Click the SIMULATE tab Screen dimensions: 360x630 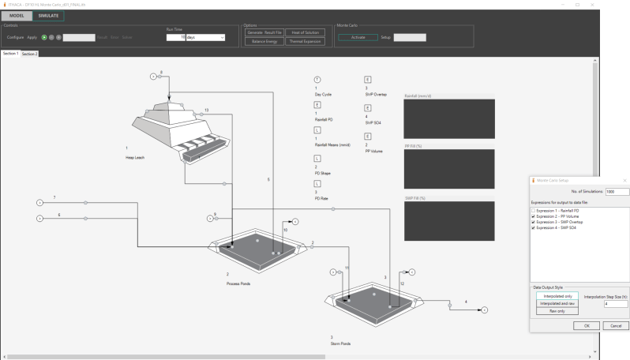47,16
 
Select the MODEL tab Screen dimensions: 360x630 17,16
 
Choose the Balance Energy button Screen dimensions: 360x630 264,41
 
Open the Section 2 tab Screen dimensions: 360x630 29,54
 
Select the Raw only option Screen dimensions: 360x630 555,311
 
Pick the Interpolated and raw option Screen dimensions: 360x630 555,303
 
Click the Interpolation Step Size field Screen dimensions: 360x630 615,303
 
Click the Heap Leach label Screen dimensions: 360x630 135,157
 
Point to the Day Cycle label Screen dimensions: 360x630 323,94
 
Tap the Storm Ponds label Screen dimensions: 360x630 340,343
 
